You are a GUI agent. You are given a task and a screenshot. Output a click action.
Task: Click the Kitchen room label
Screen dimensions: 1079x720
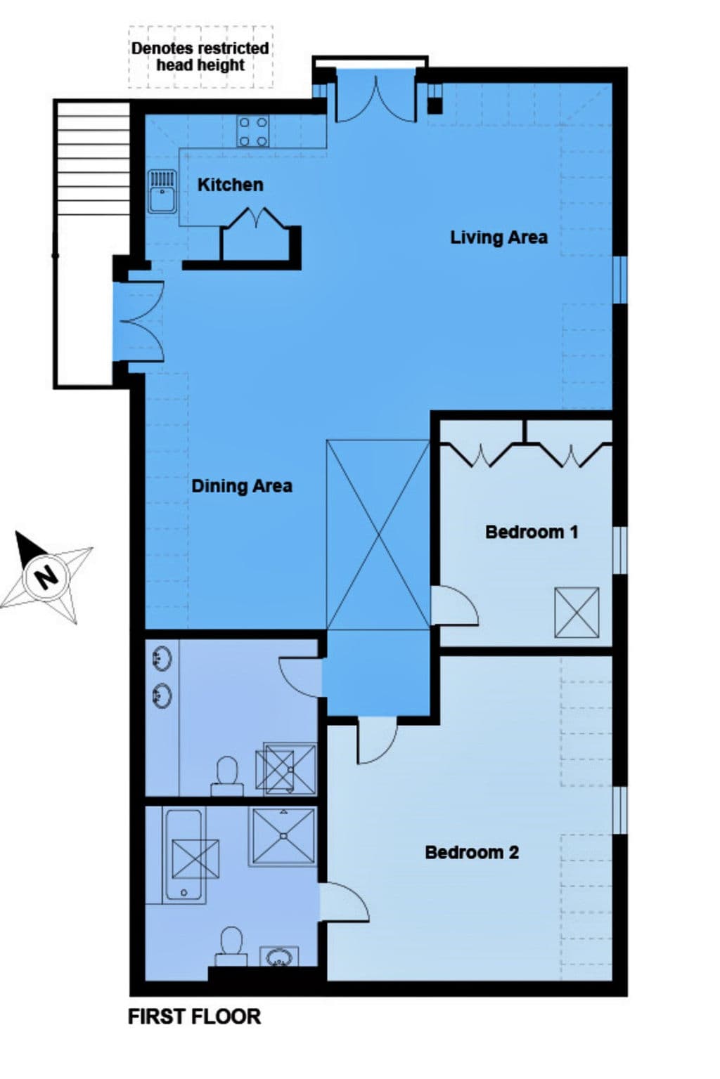230,185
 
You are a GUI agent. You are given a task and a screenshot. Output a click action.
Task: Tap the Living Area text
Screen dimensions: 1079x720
499,237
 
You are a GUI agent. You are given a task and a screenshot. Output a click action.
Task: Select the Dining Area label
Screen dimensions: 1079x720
241,486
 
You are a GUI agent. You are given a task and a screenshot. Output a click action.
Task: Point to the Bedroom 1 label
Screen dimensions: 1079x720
532,532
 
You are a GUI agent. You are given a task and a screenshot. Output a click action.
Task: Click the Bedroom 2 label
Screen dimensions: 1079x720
472,852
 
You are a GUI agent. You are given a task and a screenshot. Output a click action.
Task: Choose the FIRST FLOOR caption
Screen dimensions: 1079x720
194,1016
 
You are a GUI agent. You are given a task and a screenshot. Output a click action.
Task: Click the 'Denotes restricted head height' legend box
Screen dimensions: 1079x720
200,57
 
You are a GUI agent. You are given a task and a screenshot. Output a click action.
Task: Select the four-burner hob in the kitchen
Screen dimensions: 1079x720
253,131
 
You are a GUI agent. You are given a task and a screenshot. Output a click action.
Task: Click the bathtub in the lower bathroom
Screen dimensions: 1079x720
184,855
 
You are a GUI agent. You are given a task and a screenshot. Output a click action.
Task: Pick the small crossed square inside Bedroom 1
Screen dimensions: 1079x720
577,613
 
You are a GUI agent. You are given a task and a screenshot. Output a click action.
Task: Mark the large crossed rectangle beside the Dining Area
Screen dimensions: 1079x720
378,535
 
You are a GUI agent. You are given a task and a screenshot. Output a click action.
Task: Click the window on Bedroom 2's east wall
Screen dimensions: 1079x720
619,810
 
